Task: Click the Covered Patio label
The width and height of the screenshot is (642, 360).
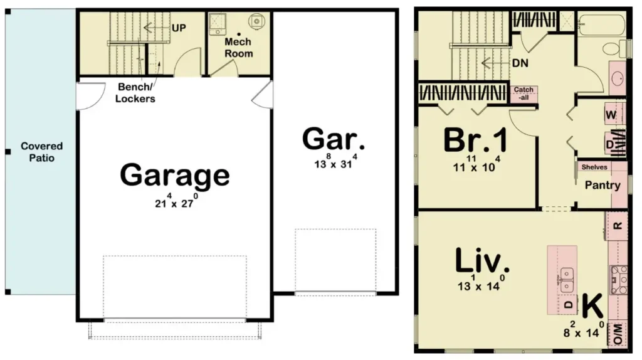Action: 42,152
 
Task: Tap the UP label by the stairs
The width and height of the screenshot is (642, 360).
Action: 179,28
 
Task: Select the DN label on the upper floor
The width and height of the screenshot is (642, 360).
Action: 520,63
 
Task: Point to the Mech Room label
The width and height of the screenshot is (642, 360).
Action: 238,48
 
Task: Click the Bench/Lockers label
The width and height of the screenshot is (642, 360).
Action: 135,93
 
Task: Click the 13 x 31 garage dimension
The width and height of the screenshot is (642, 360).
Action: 335,161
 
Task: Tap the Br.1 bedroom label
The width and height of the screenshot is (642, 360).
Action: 475,140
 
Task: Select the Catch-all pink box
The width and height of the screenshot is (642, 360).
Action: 524,94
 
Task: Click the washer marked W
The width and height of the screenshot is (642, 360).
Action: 614,114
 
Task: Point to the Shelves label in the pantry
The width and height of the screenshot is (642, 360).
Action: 594,167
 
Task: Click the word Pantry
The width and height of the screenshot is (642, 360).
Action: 603,185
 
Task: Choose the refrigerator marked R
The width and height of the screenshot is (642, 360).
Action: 617,226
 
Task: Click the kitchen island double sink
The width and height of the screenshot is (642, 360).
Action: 567,279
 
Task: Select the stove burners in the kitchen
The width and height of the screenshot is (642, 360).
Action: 619,280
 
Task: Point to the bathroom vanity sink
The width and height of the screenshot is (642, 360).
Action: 618,78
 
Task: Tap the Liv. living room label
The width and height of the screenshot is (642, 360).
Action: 482,260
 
